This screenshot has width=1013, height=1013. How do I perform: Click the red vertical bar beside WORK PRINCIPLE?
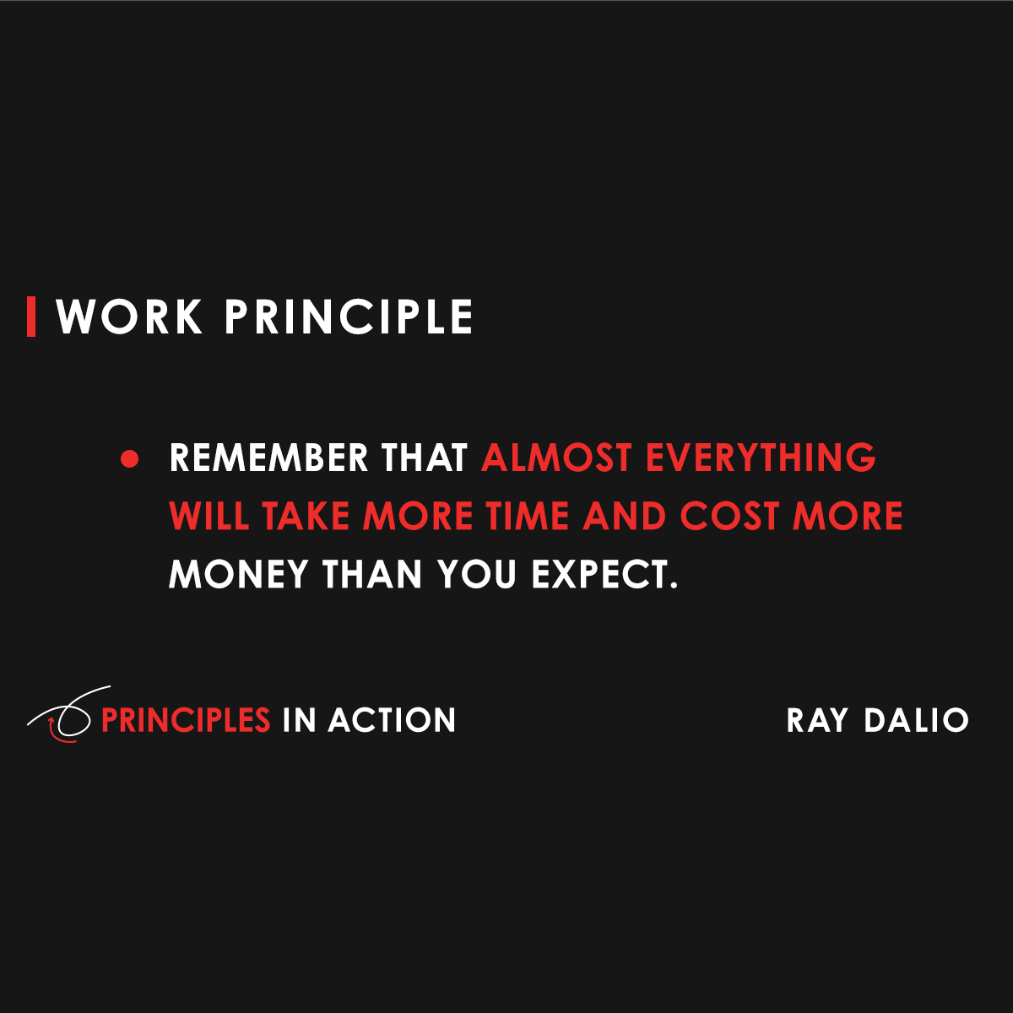(x=31, y=317)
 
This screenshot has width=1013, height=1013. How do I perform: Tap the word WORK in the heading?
(x=129, y=317)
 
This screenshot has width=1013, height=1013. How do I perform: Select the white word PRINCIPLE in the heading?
(x=349, y=317)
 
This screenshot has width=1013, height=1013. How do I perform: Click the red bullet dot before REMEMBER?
(x=129, y=459)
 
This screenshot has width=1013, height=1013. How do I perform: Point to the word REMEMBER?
(x=268, y=458)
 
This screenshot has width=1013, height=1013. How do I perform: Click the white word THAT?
(x=424, y=458)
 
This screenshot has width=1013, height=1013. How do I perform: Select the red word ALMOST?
(x=556, y=458)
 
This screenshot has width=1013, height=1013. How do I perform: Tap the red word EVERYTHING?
(x=761, y=458)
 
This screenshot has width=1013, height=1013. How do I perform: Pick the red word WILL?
(x=209, y=517)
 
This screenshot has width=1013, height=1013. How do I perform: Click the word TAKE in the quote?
(x=306, y=517)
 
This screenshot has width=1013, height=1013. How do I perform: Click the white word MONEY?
(x=239, y=575)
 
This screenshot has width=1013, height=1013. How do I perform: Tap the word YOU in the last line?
(x=477, y=575)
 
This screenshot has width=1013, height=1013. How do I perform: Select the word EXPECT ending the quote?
(x=604, y=575)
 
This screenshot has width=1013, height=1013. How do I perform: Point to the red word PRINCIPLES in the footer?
(x=185, y=720)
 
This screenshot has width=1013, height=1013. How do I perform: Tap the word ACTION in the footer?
(x=392, y=720)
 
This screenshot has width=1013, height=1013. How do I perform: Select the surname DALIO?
(x=916, y=721)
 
